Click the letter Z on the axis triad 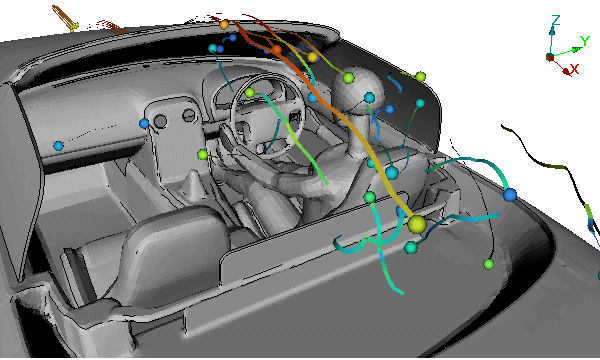tap(556, 20)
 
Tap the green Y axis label tap(584, 40)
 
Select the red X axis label tap(574, 69)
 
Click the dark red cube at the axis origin tap(550, 57)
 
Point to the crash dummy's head tap(358, 90)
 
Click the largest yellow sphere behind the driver tap(417, 225)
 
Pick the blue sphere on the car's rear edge tap(510, 195)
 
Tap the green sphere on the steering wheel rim tap(249, 93)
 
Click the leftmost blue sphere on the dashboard tap(58, 146)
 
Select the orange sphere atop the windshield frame tap(224, 25)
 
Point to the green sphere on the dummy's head tap(348, 78)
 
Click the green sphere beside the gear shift tap(202, 155)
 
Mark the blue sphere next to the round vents tap(144, 124)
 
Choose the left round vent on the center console tap(160, 121)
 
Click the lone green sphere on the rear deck tap(488, 264)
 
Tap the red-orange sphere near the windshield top tap(277, 49)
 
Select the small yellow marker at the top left tap(75, 26)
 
